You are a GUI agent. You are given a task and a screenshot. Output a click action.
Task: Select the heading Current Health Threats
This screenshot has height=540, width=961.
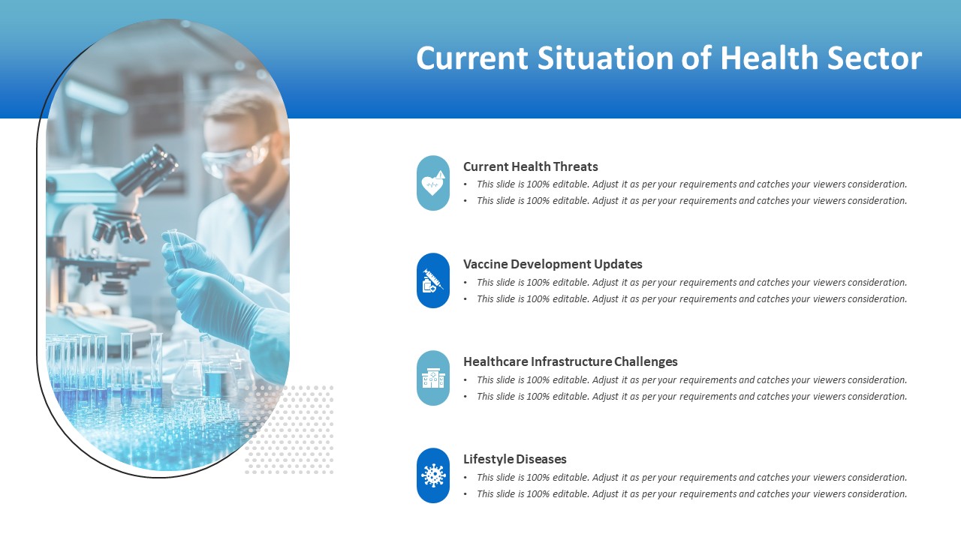[x=531, y=166]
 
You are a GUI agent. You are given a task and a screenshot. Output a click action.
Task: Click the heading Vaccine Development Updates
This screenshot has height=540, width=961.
[x=553, y=264]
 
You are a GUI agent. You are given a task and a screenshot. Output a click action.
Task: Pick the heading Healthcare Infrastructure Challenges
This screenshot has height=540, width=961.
[x=571, y=361]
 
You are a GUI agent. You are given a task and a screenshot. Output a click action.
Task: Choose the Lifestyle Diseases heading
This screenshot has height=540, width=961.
[x=515, y=459]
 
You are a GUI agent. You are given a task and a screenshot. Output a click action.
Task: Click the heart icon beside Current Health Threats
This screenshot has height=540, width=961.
[x=433, y=184]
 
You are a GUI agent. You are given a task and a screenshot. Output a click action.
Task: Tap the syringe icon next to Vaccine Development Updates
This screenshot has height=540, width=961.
[x=433, y=280]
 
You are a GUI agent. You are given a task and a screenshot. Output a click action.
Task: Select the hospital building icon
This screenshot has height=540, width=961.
[x=433, y=379]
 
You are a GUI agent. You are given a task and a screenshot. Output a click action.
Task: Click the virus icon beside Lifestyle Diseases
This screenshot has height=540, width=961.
[x=433, y=475]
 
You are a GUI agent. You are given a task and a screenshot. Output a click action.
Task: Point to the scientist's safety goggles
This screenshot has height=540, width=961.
[x=236, y=158]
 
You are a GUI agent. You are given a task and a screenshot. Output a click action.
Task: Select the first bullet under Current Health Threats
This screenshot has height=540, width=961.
[x=691, y=184]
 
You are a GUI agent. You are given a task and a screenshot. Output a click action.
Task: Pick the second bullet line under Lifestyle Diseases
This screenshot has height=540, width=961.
[x=691, y=494]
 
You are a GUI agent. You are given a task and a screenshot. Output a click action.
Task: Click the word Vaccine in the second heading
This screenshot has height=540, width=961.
[x=485, y=264]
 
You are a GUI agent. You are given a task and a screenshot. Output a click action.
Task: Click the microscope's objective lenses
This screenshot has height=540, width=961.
[x=120, y=225]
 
